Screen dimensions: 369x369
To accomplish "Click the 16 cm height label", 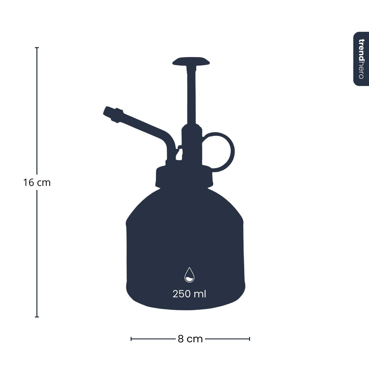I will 37,183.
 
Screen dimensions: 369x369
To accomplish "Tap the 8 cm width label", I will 190,339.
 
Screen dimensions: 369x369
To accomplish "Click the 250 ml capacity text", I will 189,294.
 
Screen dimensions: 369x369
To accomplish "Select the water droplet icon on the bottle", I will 189,275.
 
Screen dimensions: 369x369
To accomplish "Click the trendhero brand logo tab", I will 361,59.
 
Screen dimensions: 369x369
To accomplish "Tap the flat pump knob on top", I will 191,61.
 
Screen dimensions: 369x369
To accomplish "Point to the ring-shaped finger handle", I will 219,151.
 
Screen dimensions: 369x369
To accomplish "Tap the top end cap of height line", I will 37,48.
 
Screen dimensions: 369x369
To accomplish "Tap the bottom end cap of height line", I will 37,317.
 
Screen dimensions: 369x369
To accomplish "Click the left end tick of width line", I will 131,339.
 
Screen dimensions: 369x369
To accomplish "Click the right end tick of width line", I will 249,339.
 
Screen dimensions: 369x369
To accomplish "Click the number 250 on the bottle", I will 182,294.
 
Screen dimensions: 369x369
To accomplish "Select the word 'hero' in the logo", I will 361,71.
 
